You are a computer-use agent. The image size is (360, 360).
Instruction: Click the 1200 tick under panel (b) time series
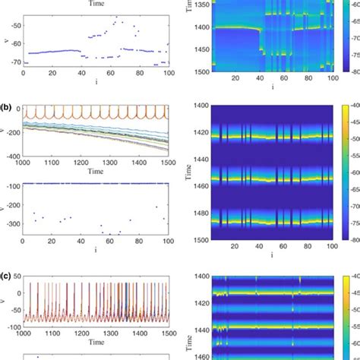82,160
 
